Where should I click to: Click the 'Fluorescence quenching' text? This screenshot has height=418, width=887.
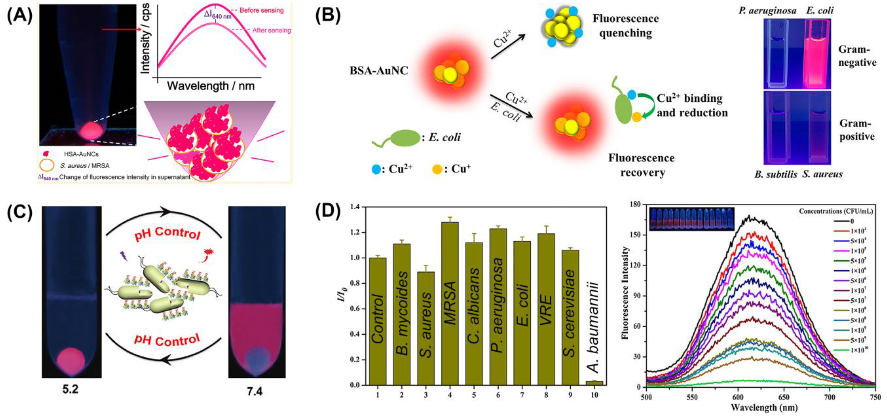[x=625, y=26]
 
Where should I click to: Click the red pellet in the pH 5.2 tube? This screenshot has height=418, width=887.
[x=71, y=361]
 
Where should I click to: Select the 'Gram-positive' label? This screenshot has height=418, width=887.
[x=857, y=130]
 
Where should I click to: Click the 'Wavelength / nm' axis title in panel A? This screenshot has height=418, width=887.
[x=211, y=86]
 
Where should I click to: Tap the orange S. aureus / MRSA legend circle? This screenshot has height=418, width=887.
[x=47, y=165]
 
